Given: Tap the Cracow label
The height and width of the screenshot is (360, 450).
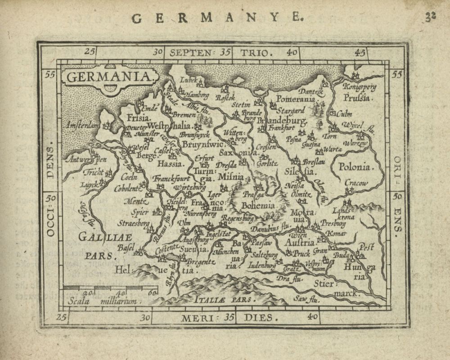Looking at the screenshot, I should coord(356,183).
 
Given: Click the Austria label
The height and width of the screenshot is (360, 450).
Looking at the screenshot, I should coord(300,243).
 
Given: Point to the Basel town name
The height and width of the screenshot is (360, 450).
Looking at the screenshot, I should coord(126,247).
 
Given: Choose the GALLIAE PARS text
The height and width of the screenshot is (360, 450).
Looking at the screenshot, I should coord(98,246).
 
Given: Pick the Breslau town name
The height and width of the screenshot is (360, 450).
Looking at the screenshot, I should coord(314,161).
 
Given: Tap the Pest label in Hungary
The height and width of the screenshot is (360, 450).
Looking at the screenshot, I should coord(367,246).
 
